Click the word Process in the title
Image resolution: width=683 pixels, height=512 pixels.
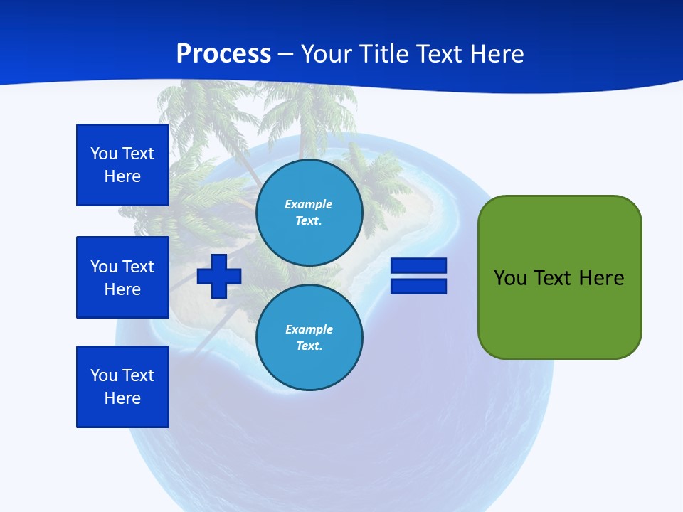223,54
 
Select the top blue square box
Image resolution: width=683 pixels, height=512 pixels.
122,165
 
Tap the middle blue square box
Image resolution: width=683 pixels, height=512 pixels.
122,277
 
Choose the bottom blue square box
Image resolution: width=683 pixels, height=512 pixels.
122,387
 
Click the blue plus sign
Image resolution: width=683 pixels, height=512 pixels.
219,276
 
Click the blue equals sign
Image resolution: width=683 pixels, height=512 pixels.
418,276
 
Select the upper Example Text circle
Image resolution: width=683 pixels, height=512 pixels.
309,212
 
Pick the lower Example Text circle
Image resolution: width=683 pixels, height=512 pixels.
309,337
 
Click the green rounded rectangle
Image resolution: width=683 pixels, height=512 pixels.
559,277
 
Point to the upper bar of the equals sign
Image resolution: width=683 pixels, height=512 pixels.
418,266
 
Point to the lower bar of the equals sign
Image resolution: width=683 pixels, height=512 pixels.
418,286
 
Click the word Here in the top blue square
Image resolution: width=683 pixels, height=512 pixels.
122,176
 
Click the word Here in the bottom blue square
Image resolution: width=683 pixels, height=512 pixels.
122,398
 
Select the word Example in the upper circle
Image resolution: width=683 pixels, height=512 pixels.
309,204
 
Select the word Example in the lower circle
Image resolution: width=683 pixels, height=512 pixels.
309,329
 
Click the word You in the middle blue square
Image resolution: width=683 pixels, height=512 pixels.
104,267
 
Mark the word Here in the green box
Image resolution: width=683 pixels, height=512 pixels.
601,278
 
